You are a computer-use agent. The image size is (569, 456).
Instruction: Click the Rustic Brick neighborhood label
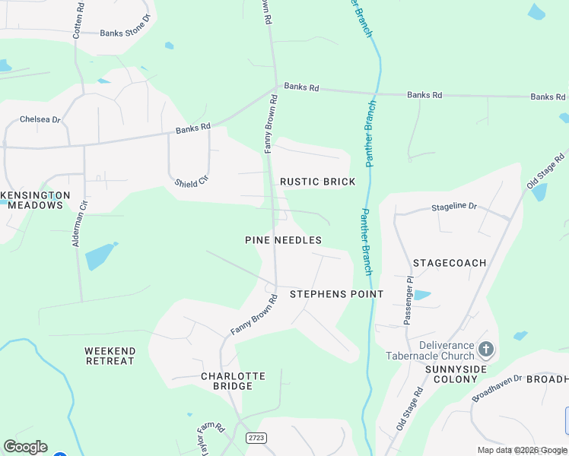(317, 182)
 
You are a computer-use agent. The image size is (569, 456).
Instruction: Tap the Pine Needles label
(283, 240)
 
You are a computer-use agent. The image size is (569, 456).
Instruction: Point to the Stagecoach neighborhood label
(450, 263)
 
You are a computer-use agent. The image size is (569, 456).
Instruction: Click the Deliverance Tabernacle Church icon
(486, 350)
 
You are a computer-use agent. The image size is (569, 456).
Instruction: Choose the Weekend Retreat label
(110, 356)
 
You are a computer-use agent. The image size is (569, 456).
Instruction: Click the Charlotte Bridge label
(233, 381)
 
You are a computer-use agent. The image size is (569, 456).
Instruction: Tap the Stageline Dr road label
(453, 206)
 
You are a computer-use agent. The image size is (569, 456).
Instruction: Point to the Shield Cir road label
(191, 180)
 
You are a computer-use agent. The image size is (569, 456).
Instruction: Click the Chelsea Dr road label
(40, 119)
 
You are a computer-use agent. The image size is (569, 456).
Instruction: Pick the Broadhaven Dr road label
(497, 388)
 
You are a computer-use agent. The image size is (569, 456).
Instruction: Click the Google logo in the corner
(25, 447)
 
